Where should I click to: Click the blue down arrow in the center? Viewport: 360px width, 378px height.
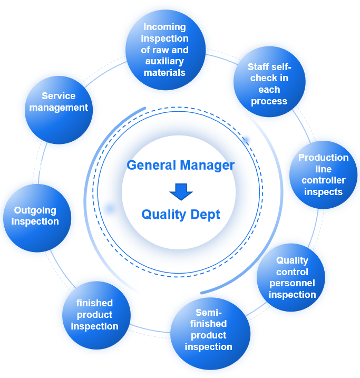181,191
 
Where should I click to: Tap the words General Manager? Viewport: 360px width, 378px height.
181,165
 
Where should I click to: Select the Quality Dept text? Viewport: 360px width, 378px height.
181,215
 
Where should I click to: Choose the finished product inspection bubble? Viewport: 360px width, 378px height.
95,315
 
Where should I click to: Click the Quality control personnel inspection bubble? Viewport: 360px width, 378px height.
291,277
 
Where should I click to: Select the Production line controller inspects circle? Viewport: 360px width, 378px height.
323,175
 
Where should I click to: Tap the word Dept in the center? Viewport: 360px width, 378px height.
206,215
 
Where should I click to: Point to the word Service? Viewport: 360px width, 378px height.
59,96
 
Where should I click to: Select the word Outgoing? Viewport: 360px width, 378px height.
35,210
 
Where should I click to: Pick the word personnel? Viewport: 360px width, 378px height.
292,283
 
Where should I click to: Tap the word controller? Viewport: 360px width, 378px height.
324,180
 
